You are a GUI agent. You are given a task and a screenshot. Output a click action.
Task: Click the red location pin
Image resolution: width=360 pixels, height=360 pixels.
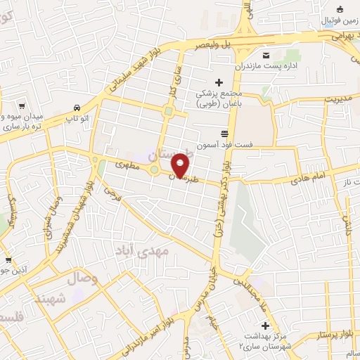point(181,165)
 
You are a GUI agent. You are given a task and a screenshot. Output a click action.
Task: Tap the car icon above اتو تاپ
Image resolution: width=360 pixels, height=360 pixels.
point(75,108)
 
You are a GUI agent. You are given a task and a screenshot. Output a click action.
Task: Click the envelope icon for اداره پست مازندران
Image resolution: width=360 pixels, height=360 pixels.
point(266,56)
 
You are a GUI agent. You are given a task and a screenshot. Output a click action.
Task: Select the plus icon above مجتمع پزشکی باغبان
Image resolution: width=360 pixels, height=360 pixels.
point(219,83)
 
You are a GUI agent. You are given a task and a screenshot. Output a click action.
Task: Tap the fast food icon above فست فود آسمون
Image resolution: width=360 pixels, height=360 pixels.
point(224,133)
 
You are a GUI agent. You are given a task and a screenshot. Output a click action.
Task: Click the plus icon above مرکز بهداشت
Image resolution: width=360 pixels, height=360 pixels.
point(265,326)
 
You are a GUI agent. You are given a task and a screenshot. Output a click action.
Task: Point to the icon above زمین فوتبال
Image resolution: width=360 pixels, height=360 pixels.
point(340,9)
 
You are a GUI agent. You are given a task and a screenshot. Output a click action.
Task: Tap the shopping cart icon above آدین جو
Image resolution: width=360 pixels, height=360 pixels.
point(8,260)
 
